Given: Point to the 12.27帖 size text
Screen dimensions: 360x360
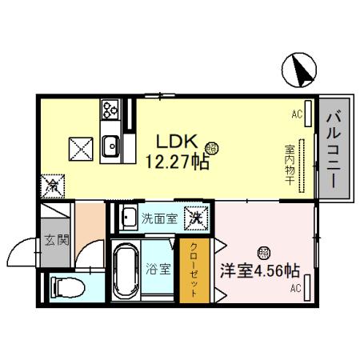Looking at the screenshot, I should (177, 163).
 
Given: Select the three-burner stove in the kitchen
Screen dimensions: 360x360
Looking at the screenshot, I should (110, 110).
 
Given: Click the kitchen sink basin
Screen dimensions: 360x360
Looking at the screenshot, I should (111, 146).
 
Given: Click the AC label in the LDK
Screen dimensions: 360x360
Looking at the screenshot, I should (296, 115).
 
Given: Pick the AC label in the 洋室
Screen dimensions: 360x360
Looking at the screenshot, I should (295, 287).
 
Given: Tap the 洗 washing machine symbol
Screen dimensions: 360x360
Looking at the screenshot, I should (194, 216).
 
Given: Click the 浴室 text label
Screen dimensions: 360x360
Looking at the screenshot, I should (158, 269).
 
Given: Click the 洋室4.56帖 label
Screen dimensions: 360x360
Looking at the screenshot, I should (261, 270).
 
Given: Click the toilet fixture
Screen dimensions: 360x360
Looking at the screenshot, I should (66, 286).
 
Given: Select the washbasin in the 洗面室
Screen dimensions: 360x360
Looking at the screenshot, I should (128, 216).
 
